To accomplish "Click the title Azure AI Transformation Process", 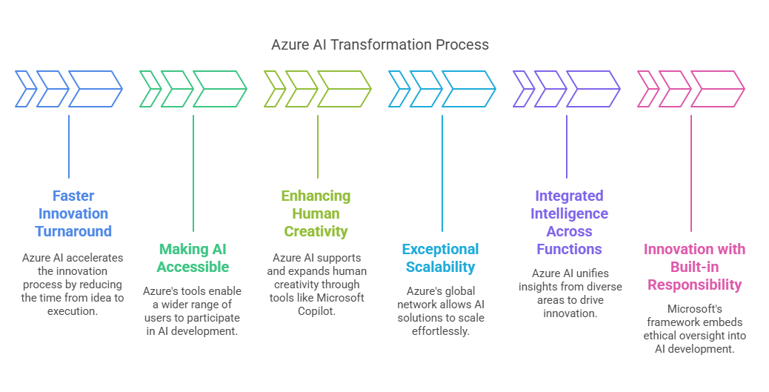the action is point(380,44).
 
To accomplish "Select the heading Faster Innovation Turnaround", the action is point(73,213).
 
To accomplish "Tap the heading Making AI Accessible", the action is point(193,258).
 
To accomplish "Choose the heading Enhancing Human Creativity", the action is point(316,213).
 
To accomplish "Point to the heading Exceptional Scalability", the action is point(440,258).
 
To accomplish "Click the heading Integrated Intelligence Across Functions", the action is point(570,222).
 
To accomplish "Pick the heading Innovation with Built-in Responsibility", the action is point(694,267).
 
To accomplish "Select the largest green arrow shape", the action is point(220,89).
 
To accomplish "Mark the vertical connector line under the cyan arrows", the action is point(442,173).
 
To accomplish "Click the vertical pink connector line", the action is point(691,173).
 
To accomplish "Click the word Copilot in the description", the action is point(317,311).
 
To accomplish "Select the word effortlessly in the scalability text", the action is point(441,331).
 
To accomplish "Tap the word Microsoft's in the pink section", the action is point(694,309).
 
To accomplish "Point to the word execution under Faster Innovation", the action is point(73,311).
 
